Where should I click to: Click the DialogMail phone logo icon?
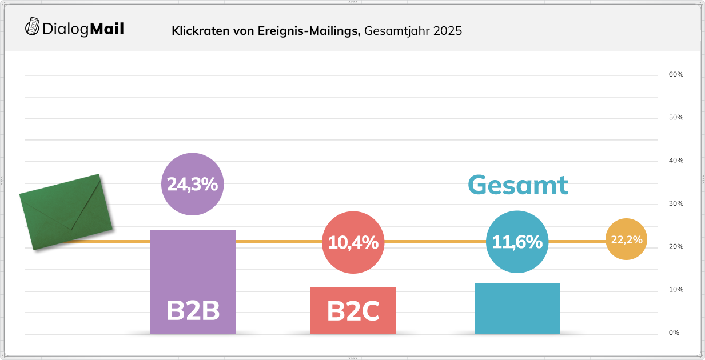coord(33,26)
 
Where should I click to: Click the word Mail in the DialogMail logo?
coord(107,29)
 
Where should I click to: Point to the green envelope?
coord(65,212)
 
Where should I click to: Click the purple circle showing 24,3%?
coord(192,184)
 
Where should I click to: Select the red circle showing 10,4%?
coord(353,242)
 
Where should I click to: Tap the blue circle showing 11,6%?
coord(517,242)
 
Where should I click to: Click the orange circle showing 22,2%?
coord(626,239)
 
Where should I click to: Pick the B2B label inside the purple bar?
coord(193,311)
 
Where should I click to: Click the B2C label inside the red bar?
coord(353,311)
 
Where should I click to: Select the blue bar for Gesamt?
coord(517,309)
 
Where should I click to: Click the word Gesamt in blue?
coord(518,185)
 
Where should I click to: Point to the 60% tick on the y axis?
coord(676,75)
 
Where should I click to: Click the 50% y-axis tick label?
coord(676,118)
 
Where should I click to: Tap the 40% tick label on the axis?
coord(676,161)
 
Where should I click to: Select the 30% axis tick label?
coord(676,204)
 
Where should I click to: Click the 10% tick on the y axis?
coord(676,290)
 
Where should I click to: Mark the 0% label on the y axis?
coord(674,333)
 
